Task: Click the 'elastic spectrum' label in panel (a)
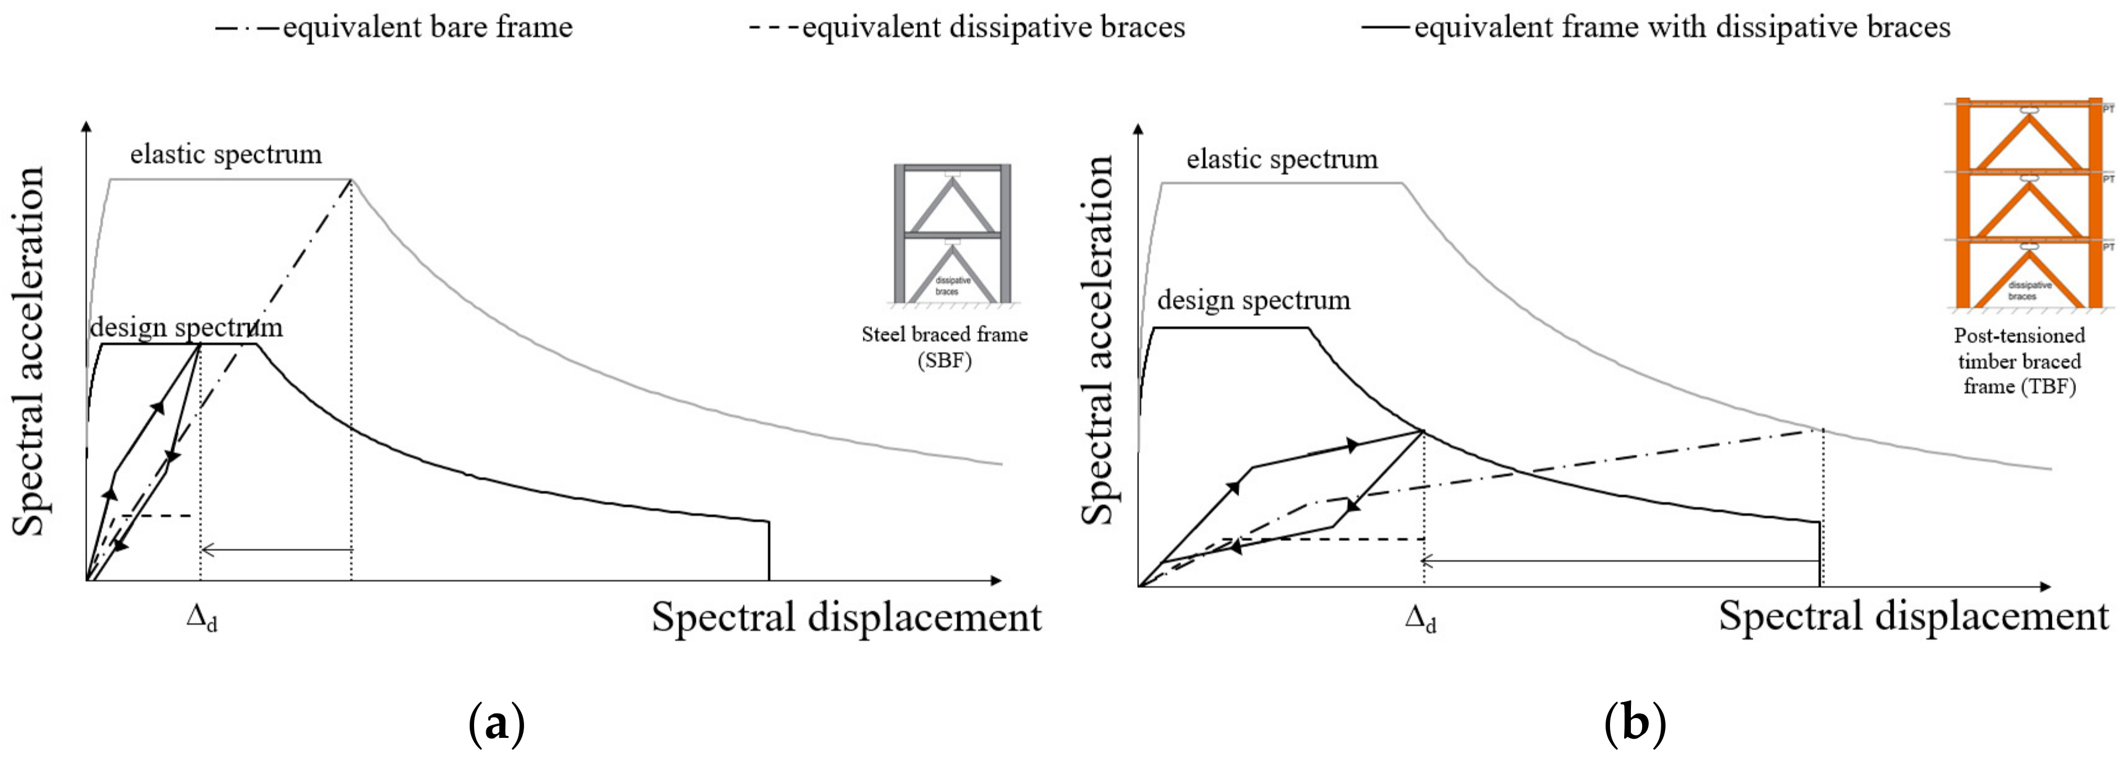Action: click(x=226, y=155)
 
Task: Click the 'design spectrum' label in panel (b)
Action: click(x=1253, y=300)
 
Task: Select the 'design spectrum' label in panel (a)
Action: click(x=185, y=328)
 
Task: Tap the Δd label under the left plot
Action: click(x=201, y=619)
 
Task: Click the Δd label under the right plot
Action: click(x=1420, y=619)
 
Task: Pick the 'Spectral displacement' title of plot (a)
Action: click(x=847, y=617)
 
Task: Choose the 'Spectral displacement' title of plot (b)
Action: click(x=1913, y=617)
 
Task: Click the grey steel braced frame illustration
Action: click(x=952, y=234)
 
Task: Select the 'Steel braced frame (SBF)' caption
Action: click(x=944, y=347)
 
